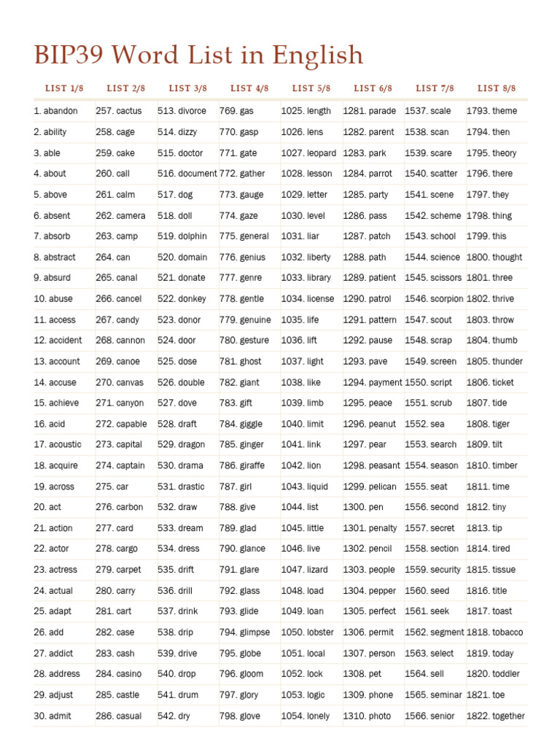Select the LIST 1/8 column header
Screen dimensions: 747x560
(x=64, y=88)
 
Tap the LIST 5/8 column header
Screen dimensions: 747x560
(x=311, y=88)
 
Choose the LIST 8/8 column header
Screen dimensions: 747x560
(x=497, y=88)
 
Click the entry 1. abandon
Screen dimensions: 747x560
(x=55, y=111)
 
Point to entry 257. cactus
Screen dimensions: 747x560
(x=119, y=111)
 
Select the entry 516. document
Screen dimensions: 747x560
(x=187, y=174)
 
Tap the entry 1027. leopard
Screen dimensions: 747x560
(x=308, y=153)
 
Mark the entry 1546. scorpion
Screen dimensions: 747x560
(x=434, y=298)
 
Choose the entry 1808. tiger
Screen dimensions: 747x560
(x=489, y=424)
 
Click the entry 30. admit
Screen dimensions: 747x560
(x=52, y=716)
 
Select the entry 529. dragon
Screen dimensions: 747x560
(x=182, y=444)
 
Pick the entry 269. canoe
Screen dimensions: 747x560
(x=117, y=361)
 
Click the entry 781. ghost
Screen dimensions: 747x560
(x=241, y=361)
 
